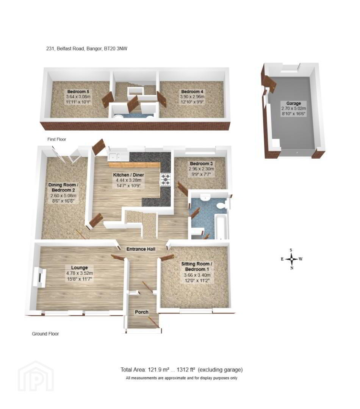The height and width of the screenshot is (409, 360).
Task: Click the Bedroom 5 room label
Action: pos(78,92)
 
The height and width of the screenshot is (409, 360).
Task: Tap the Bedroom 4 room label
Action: pos(192,92)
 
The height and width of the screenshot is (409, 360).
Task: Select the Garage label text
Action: pos(293,103)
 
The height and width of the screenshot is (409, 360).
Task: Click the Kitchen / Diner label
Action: pos(128,175)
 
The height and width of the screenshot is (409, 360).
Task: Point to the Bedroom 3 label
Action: pos(201,164)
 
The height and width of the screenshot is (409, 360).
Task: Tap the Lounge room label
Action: pos(79,268)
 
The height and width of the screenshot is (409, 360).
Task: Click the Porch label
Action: pos(141,312)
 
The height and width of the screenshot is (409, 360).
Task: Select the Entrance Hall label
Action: pos(141,249)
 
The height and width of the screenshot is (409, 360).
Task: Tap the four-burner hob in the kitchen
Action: pos(166,180)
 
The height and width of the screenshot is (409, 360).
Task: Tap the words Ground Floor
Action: pos(45,334)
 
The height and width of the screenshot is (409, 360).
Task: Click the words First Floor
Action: pos(56,139)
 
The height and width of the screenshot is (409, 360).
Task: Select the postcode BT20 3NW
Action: pos(116,48)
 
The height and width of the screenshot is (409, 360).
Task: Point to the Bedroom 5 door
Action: pos(107,99)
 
